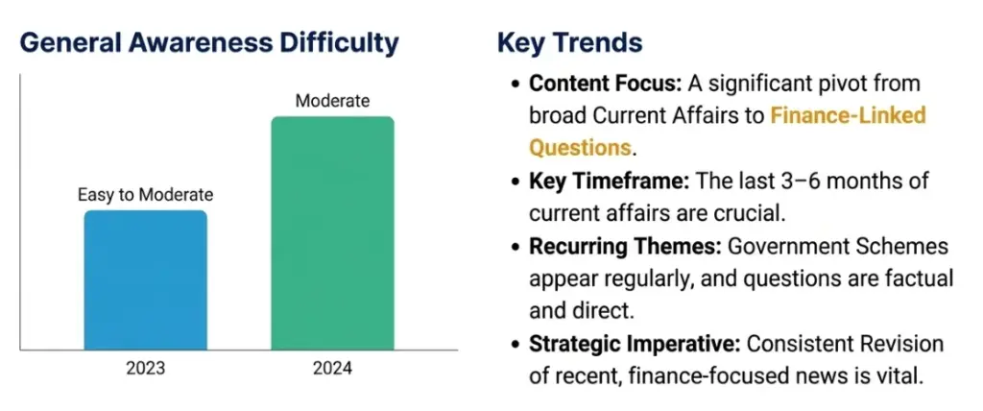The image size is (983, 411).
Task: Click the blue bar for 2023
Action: point(145,279)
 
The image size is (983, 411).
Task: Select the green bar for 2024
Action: point(332,232)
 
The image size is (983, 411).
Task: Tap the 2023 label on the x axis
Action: point(145,368)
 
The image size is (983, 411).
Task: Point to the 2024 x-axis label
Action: point(332,368)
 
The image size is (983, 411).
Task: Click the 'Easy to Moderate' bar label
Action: point(145,195)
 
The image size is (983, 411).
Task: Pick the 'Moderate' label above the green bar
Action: point(332,101)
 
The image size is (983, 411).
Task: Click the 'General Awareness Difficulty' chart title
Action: point(209,43)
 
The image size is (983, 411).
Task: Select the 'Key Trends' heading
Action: point(569,43)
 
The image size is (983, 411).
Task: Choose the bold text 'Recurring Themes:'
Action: point(625,247)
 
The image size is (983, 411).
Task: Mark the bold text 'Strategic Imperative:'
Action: point(634,344)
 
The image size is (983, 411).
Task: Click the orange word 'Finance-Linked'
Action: point(849,116)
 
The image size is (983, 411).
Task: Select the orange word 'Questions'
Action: point(580,149)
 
